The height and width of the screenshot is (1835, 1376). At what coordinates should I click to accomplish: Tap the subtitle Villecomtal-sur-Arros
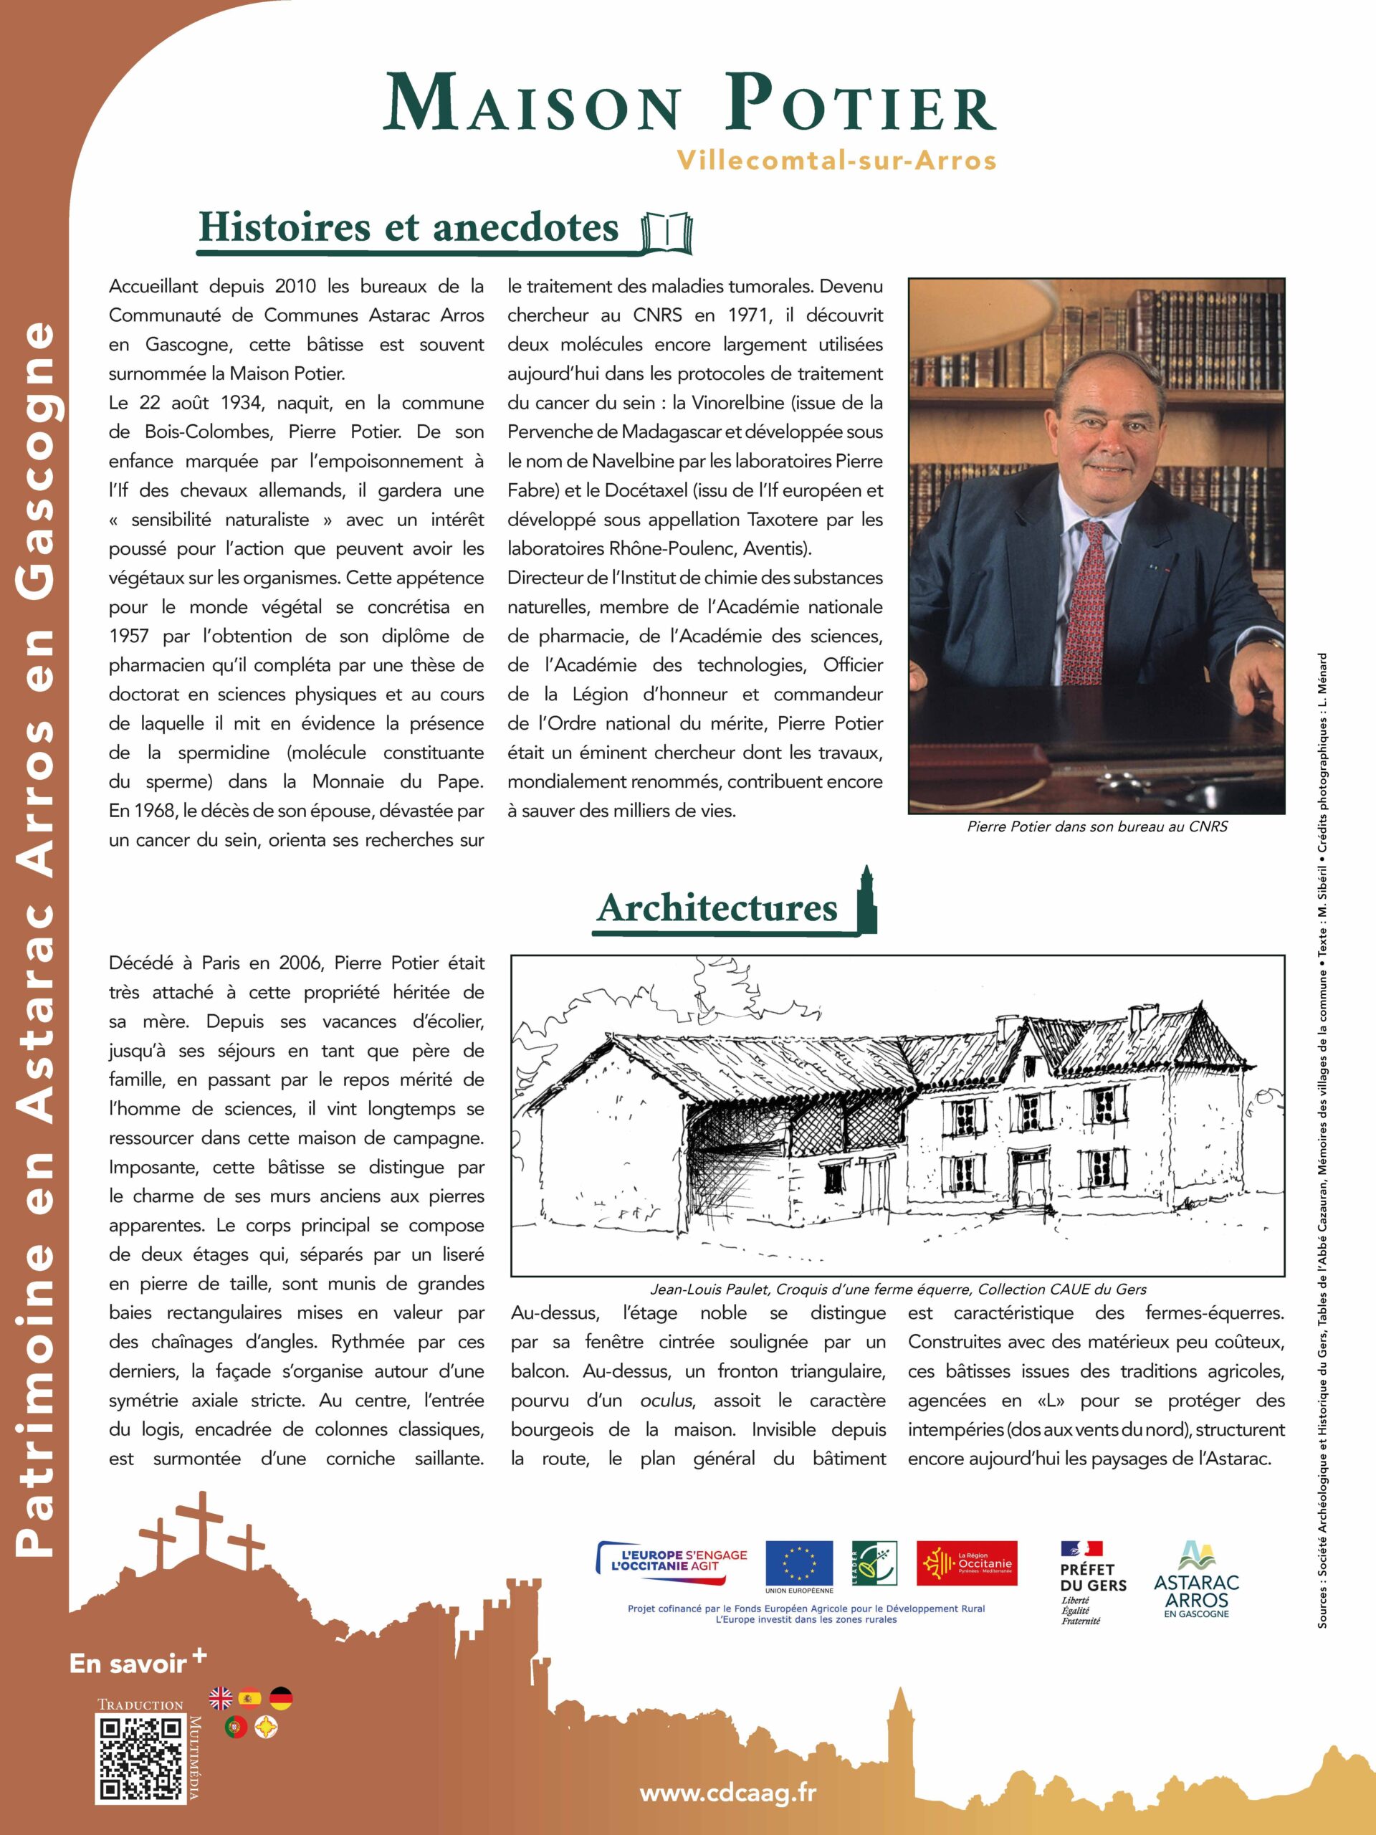tap(836, 160)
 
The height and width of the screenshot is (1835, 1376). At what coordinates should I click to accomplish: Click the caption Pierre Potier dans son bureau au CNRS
tap(1096, 826)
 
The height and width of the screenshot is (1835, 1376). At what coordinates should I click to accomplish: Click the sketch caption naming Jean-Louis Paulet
tap(898, 1289)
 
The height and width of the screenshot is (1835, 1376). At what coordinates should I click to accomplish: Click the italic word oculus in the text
tap(665, 1401)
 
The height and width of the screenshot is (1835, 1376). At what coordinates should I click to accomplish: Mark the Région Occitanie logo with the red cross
tap(966, 1564)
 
